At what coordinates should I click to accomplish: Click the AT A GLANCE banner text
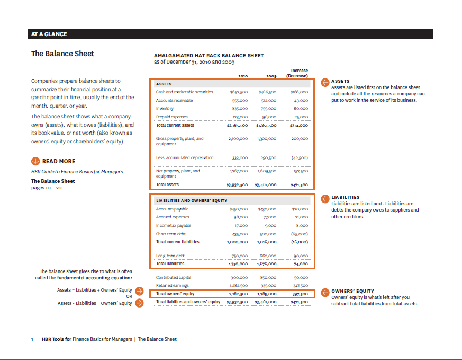[49, 34]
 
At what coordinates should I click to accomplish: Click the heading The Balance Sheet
[62, 54]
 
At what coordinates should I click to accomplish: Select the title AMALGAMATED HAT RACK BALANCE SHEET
[209, 56]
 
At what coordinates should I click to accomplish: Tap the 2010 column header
[243, 76]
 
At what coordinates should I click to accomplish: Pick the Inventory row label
[166, 108]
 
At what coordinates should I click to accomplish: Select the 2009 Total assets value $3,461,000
[265, 185]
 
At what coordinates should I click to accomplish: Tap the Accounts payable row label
[172, 209]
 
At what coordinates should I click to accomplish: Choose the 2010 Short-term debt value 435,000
[240, 234]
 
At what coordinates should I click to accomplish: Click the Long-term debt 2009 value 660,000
[268, 256]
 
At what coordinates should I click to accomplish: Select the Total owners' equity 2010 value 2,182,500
[238, 294]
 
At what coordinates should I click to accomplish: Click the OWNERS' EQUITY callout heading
[352, 291]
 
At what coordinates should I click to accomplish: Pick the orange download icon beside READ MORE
[35, 161]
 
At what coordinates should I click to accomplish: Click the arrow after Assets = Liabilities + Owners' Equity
[139, 291]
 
